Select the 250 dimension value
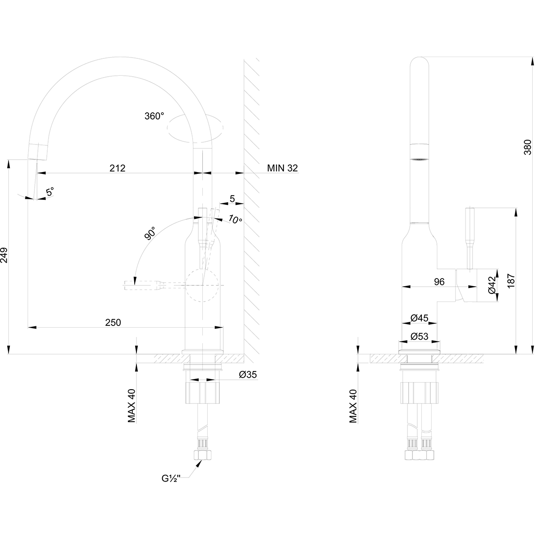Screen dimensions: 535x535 click(x=113, y=322)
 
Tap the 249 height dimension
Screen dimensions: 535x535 click(x=4, y=255)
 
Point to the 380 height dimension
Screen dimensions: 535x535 click(x=527, y=147)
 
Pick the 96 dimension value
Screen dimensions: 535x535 click(x=439, y=281)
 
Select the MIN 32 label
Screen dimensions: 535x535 click(x=282, y=168)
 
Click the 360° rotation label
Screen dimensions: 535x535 click(x=154, y=116)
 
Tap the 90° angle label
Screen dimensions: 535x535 click(x=150, y=234)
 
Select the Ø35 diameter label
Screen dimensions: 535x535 click(x=247, y=375)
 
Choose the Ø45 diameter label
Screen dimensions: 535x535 click(x=419, y=318)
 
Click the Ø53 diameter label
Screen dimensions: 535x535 click(x=419, y=337)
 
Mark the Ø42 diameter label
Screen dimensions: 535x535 click(x=492, y=285)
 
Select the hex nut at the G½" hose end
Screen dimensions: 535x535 click(x=203, y=455)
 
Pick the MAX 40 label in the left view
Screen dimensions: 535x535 click(x=132, y=405)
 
